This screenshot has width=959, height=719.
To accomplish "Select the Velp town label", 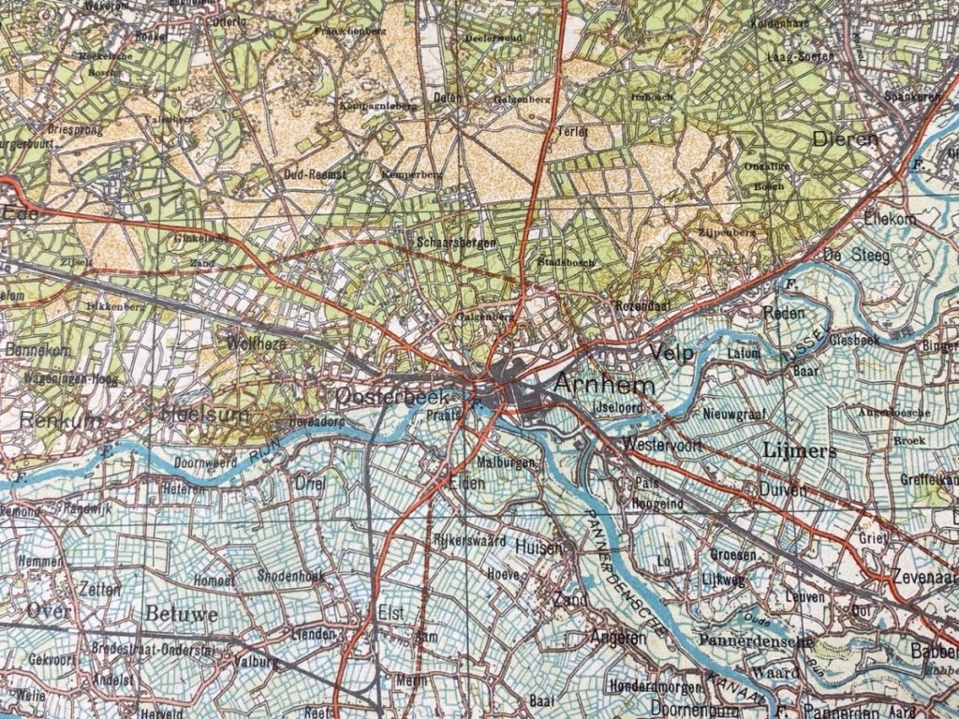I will pyautogui.click(x=672, y=354).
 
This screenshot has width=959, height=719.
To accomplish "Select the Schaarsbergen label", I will pyautogui.click(x=452, y=242).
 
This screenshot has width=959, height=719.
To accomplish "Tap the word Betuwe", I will pyautogui.click(x=182, y=614).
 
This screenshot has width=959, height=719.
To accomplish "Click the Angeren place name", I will pyautogui.click(x=618, y=638).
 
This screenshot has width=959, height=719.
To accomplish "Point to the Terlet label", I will pyautogui.click(x=572, y=132).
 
